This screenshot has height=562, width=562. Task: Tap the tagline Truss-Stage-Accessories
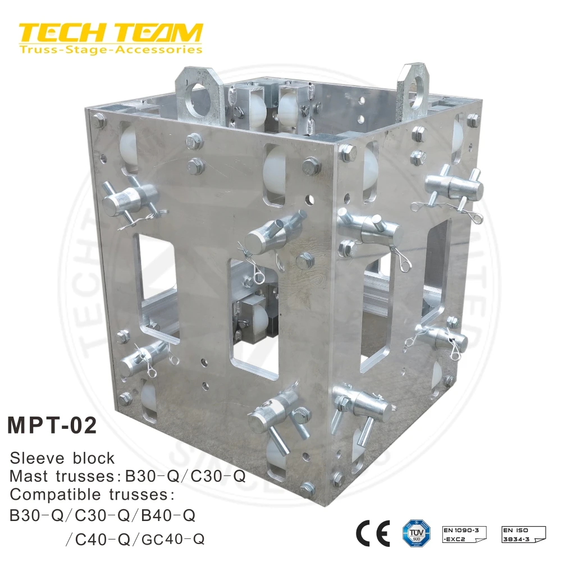click(x=110, y=50)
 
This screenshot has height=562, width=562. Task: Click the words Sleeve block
click(x=62, y=458)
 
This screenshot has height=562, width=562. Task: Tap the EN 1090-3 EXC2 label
click(x=464, y=533)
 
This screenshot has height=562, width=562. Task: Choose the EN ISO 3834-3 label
click(x=523, y=533)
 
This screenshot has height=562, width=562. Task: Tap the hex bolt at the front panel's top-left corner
click(x=99, y=120)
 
